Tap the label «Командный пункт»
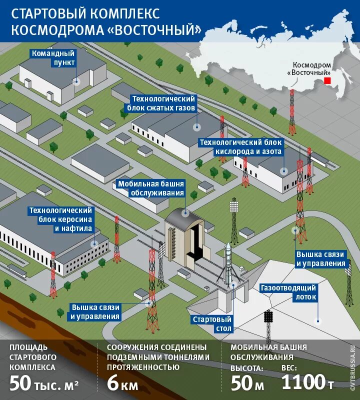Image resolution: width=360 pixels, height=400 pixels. click(53, 57)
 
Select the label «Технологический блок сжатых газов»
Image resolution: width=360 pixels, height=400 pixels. click(163, 103)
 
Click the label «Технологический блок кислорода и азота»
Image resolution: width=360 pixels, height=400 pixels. click(241, 147)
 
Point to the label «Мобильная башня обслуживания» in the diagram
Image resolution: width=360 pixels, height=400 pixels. click(151, 188)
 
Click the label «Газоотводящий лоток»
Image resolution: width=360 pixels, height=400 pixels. click(289, 292)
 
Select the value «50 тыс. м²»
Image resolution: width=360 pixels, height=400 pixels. click(43, 383)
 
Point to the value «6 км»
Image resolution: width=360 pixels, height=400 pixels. click(122, 383)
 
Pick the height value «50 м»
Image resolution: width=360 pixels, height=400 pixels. click(246, 383)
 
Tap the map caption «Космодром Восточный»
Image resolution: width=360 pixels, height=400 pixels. click(311, 68)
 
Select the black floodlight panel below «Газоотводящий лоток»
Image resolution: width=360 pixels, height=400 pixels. click(268, 316)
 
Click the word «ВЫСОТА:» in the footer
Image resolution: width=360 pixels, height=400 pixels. click(246, 368)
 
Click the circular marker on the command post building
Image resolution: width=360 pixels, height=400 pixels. click(77, 81)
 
